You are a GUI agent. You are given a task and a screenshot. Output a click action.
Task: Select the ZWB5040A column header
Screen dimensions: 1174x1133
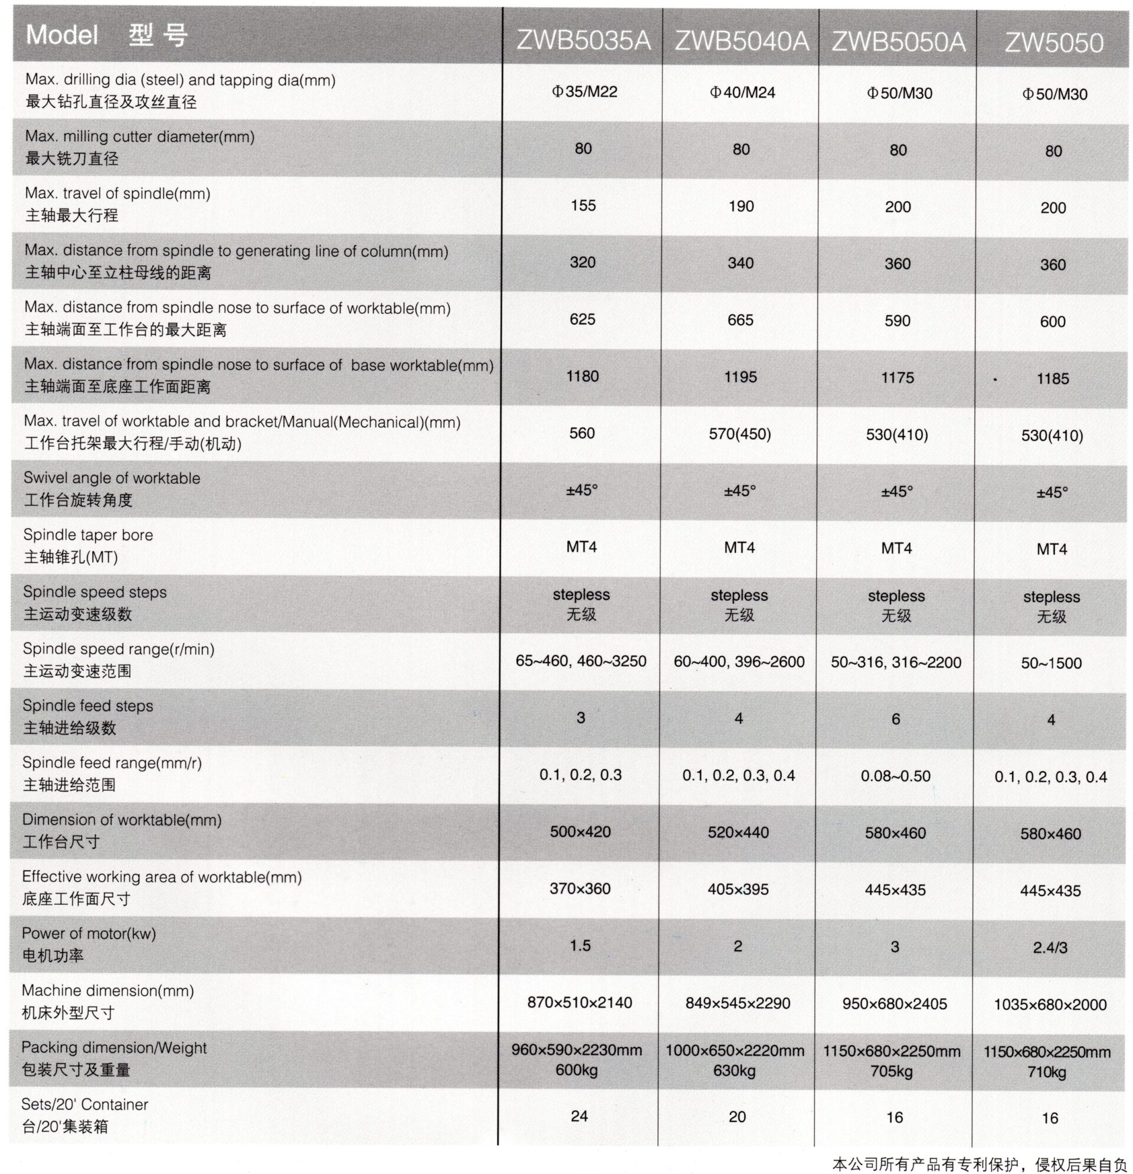click(x=741, y=41)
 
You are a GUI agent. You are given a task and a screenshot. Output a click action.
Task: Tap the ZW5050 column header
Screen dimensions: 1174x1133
click(x=1053, y=42)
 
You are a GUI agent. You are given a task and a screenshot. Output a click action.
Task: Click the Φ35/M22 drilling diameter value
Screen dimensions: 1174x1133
click(x=584, y=91)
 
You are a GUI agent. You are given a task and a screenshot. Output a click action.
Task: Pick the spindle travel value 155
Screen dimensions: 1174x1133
click(x=583, y=205)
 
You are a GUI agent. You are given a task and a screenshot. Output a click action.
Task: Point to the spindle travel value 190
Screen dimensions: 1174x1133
click(x=741, y=206)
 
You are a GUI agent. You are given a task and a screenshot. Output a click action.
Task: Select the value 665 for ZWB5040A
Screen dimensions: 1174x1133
click(x=740, y=320)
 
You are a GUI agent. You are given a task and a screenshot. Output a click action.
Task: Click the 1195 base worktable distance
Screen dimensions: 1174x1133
click(x=740, y=377)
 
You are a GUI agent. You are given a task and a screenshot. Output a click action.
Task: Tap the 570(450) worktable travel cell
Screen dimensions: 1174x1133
click(x=739, y=434)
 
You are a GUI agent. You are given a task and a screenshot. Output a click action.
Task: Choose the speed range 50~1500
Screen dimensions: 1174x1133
click(x=1051, y=663)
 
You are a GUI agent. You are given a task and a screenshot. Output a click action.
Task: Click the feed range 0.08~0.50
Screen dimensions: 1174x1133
click(x=895, y=776)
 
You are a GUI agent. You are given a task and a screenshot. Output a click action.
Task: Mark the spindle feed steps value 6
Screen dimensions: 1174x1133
click(x=895, y=719)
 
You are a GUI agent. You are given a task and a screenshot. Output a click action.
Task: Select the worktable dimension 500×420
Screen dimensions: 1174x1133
click(x=580, y=832)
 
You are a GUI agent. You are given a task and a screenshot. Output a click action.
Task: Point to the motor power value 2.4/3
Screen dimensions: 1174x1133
click(x=1050, y=947)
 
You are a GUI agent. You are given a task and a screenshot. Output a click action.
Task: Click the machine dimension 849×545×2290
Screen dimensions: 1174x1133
click(x=738, y=1003)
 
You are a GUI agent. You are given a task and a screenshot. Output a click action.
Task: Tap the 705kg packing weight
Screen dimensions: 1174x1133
click(x=892, y=1070)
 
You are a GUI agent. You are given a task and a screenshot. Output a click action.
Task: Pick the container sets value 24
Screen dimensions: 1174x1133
click(x=579, y=1116)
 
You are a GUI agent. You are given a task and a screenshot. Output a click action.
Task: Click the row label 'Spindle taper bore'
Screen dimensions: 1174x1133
click(x=88, y=535)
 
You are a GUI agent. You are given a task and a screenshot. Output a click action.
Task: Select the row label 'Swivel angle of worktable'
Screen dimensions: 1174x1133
click(x=112, y=478)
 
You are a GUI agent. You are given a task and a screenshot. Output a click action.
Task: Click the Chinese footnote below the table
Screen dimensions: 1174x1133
click(x=980, y=1164)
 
